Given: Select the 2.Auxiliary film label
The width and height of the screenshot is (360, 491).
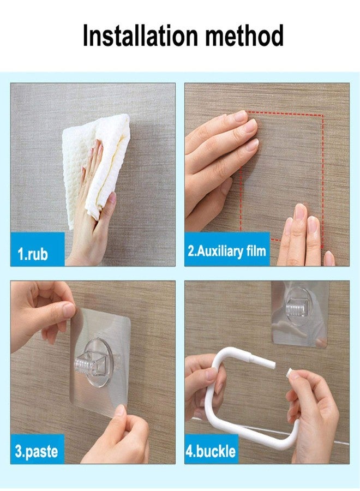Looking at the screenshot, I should pyautogui.click(x=227, y=250).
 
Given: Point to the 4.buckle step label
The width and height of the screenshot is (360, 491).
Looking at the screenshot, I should pyautogui.click(x=212, y=451).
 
